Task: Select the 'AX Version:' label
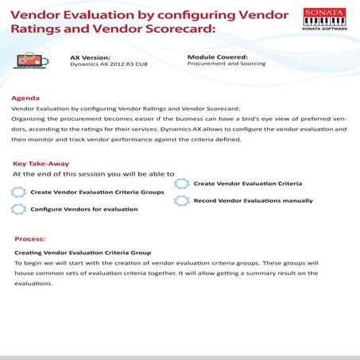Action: [x=88, y=58]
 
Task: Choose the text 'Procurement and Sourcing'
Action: [x=222, y=64]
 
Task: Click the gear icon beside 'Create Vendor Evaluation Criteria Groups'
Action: [x=18, y=192]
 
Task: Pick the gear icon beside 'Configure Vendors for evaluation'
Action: [x=18, y=209]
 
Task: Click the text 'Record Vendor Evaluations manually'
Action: [x=253, y=200]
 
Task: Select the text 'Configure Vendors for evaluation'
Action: [x=83, y=209]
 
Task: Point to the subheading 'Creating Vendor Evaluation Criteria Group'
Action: [x=83, y=253]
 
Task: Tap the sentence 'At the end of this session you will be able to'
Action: [x=93, y=172]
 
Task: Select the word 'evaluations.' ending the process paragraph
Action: [x=33, y=283]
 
